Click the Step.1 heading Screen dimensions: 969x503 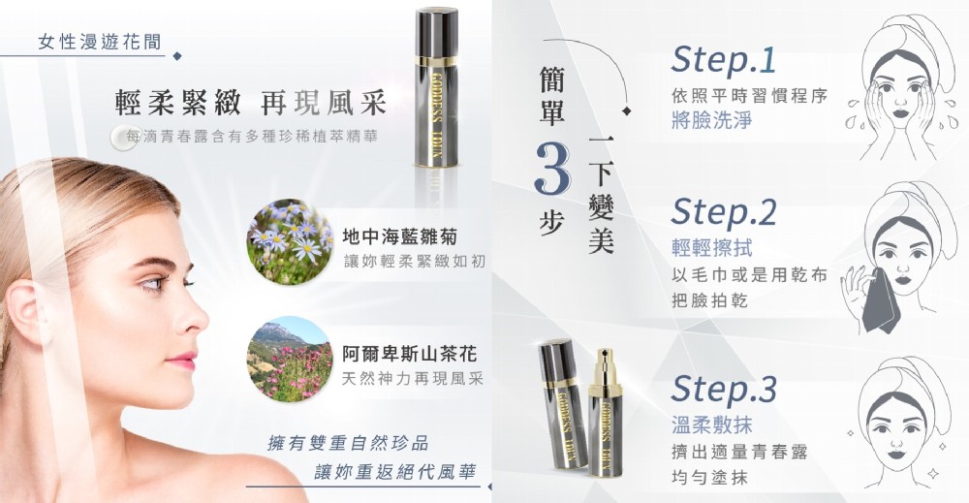click(x=723, y=60)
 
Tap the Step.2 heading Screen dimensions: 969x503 click(x=724, y=211)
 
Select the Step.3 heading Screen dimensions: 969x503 click(x=724, y=389)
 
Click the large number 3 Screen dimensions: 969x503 click(x=552, y=169)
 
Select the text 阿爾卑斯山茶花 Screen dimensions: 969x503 click(x=410, y=354)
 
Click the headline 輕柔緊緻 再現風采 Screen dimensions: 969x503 click(x=250, y=103)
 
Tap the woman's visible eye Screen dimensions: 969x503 click(x=152, y=284)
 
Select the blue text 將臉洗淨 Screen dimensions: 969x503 click(x=711, y=119)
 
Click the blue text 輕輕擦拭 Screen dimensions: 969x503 click(x=711, y=248)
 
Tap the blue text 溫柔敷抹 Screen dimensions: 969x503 click(x=711, y=424)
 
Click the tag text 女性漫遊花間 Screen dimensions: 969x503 click(x=100, y=42)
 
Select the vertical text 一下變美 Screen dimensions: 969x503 click(x=601, y=194)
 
